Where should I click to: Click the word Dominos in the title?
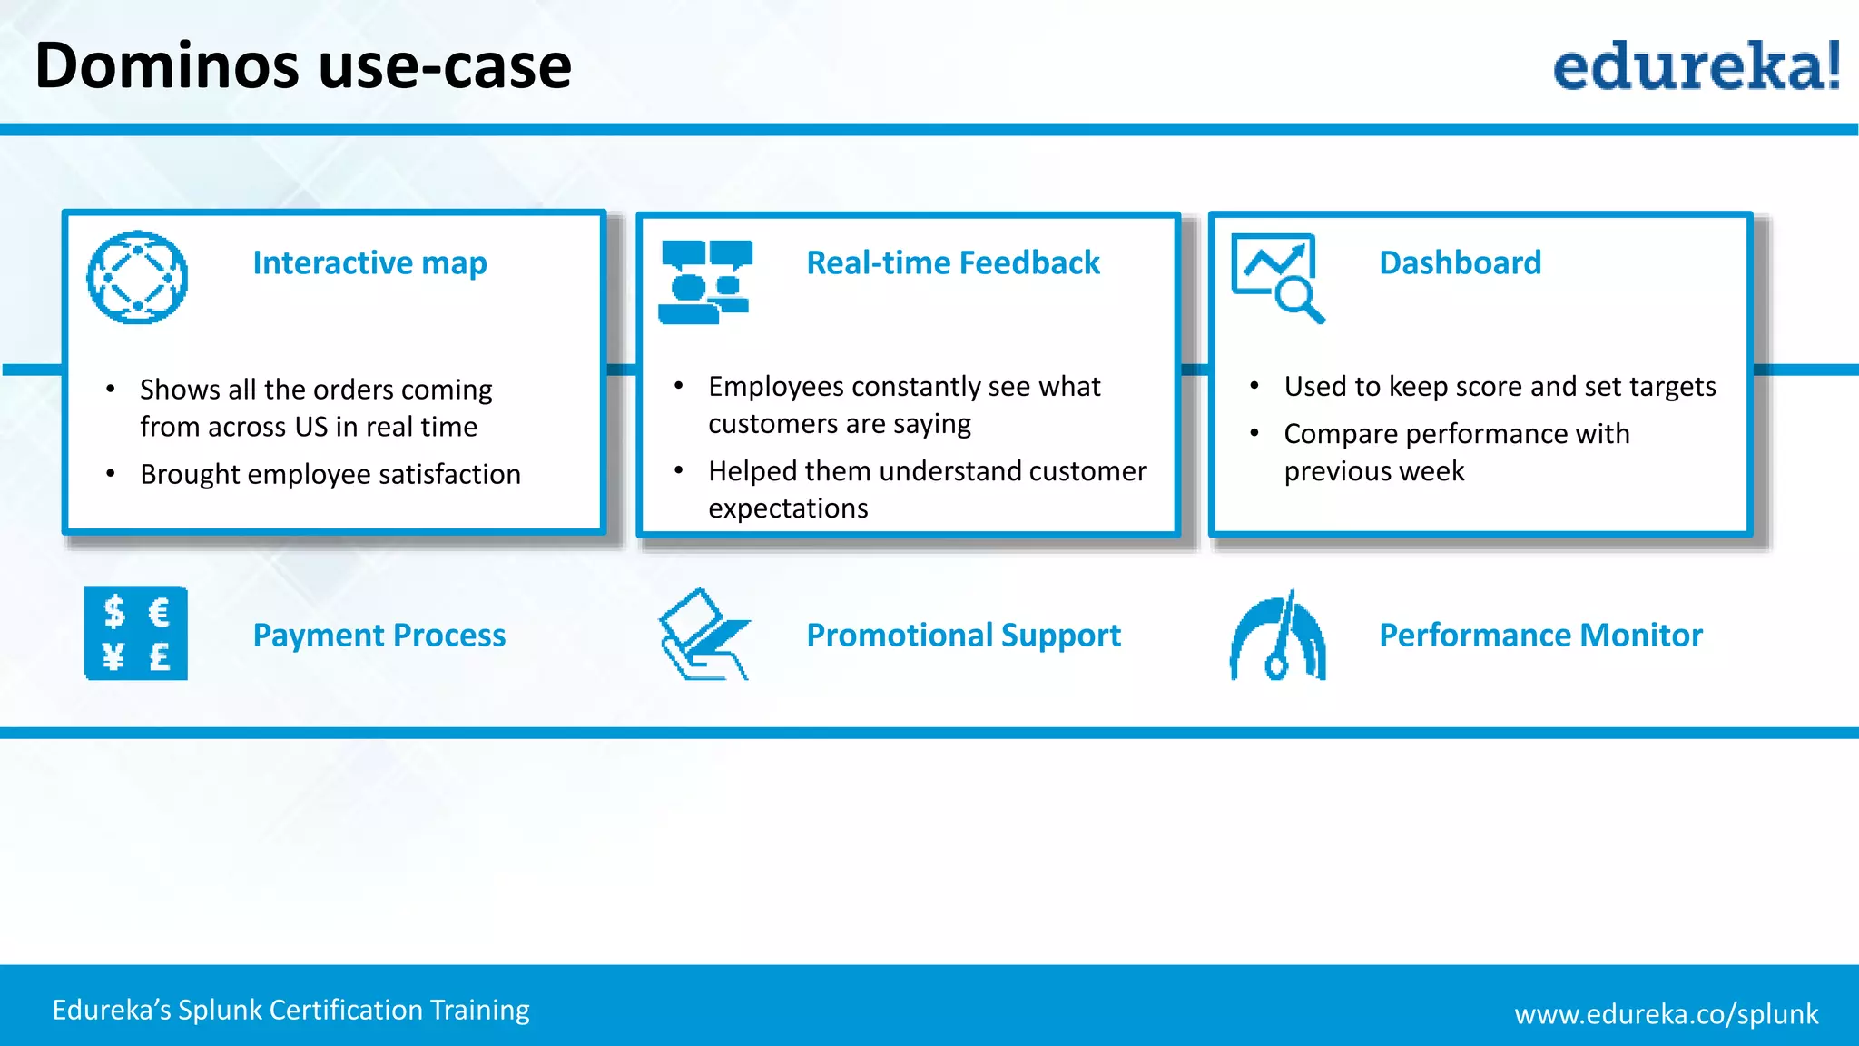tap(167, 65)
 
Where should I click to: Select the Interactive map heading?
tap(369, 262)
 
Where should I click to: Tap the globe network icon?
tap(137, 277)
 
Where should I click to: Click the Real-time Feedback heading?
tap(952, 262)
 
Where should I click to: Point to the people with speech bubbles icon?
tap(705, 281)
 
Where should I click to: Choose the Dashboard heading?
tap(1459, 262)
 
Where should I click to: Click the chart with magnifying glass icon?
tap(1277, 277)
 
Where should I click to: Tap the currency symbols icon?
tap(136, 633)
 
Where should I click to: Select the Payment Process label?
tap(379, 635)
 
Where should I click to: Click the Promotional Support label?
tap(963, 635)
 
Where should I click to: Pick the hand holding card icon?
tap(703, 633)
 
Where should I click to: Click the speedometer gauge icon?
tap(1277, 635)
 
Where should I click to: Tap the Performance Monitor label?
tap(1539, 635)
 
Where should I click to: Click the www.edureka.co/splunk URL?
tap(1666, 1013)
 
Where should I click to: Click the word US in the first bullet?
tap(310, 427)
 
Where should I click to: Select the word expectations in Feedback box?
tap(788, 508)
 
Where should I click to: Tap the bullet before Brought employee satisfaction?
tap(110, 474)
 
